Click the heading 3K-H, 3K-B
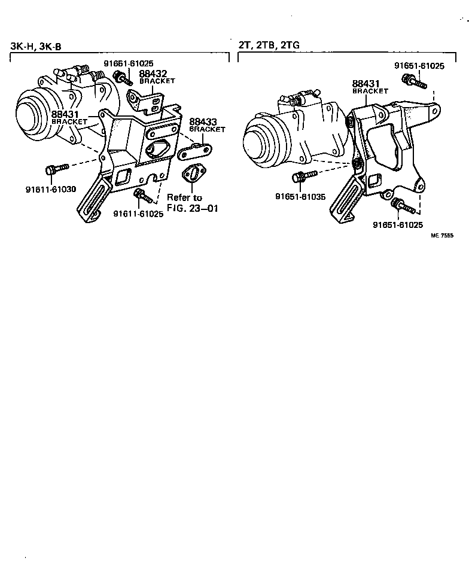point(35,46)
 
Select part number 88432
point(153,74)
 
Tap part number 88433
point(203,122)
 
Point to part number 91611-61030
point(51,190)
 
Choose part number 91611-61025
point(138,214)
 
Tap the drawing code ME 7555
point(443,236)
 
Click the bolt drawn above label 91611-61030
point(53,169)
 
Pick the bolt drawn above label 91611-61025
point(142,195)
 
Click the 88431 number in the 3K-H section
point(64,114)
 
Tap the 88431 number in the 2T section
point(364,84)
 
